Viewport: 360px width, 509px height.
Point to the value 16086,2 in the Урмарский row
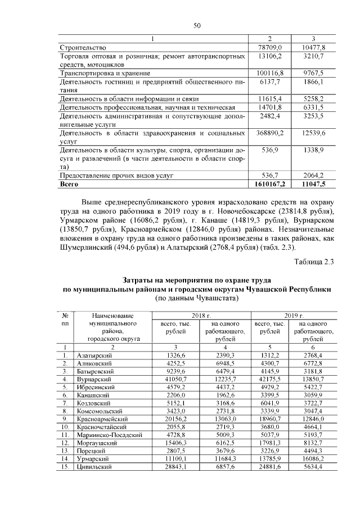pyautogui.click(x=321, y=459)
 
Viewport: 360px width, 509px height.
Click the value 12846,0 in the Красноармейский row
pyautogui.click(x=321, y=420)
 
